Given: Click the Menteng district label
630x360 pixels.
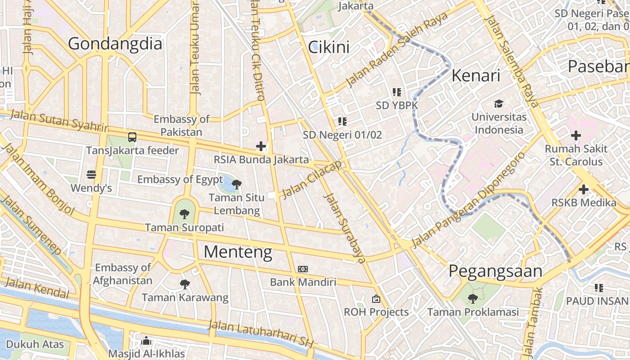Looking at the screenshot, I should click(x=238, y=252).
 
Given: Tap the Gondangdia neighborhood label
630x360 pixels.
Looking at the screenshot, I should click(x=115, y=44).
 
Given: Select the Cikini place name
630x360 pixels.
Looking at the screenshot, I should click(x=328, y=47).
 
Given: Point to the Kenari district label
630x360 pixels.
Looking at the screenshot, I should click(x=476, y=76).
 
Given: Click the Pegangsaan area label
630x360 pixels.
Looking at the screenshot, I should click(x=495, y=271).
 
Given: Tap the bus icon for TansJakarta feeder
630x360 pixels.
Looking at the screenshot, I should click(x=132, y=137).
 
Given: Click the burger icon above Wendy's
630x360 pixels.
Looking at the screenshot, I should click(x=91, y=175).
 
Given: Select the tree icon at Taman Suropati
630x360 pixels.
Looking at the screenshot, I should click(x=184, y=214).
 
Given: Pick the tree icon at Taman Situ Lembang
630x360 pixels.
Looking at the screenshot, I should click(x=236, y=184).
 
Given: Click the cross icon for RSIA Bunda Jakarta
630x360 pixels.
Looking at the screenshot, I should click(x=261, y=146).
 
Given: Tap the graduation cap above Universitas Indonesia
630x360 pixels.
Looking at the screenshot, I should click(x=499, y=104).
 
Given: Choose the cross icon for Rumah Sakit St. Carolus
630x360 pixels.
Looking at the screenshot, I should click(x=576, y=135).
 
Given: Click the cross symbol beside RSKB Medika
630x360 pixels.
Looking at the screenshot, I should click(x=584, y=189).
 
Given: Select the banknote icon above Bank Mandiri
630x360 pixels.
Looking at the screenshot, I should click(x=303, y=269).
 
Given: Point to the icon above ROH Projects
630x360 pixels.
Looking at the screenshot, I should click(x=376, y=299).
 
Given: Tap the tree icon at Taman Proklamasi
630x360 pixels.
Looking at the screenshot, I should click(x=472, y=298).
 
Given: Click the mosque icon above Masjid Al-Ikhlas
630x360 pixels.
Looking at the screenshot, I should click(x=146, y=341).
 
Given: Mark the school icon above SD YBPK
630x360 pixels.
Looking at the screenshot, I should click(x=396, y=92).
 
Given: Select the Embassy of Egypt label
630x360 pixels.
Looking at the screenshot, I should click(x=180, y=179).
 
